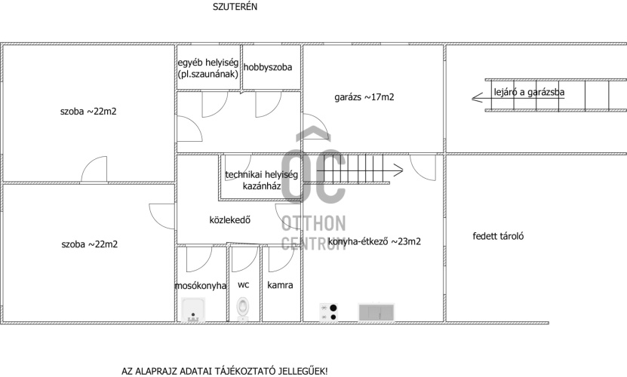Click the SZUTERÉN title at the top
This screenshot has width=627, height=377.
235,7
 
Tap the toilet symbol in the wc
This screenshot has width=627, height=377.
242,308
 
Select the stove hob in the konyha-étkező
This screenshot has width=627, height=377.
328,312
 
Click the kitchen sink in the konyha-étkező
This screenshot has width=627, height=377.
376,312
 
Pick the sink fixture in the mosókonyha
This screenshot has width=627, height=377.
193,309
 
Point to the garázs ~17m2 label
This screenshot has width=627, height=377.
364,97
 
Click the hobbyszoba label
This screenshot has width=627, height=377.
268,67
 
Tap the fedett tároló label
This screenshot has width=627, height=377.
498,236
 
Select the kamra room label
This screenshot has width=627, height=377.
280,285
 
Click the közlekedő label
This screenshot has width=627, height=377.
230,220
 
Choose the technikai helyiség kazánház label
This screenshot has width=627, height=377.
262,180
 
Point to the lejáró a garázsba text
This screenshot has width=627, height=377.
529,92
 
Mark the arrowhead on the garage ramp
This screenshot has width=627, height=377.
477,97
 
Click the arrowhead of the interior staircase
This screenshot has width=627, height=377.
398,170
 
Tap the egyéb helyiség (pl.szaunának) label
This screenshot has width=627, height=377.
208,69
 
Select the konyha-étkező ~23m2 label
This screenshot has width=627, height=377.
374,241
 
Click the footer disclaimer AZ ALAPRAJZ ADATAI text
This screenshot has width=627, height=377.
224,371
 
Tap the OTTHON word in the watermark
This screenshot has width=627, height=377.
314,223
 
